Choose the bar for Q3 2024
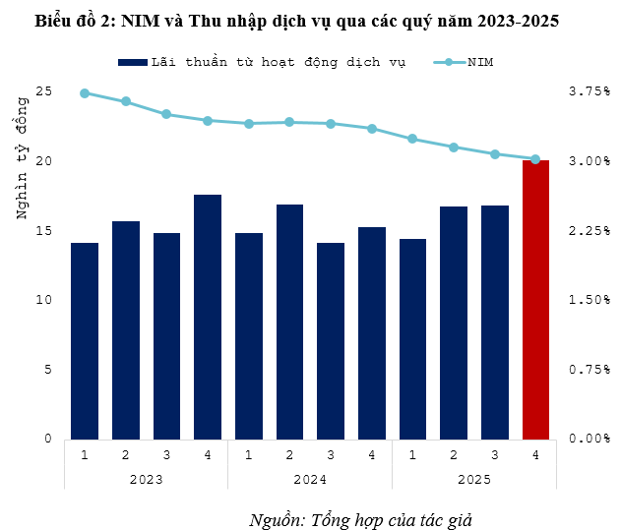[x=331, y=340]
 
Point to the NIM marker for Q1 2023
[x=85, y=93]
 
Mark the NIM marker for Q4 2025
[x=535, y=159]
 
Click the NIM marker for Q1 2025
[x=412, y=139]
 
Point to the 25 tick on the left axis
[x=42, y=91]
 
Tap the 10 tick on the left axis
[x=42, y=300]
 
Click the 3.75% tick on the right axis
[x=590, y=91]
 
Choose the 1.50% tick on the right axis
[x=590, y=300]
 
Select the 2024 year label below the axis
[x=310, y=479]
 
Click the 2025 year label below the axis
[x=473, y=479]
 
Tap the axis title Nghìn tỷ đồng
[x=22, y=167]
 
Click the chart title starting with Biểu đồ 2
[x=296, y=21]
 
